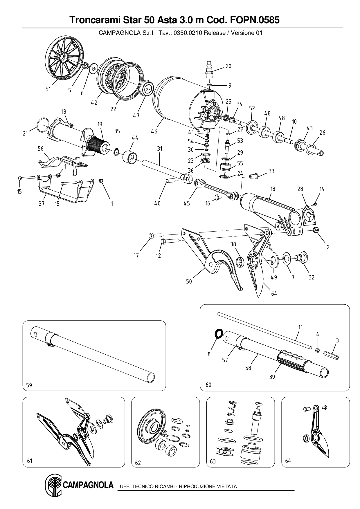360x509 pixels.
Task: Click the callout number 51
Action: [x=48, y=89]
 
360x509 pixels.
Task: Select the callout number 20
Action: [x=228, y=66]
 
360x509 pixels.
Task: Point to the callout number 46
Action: [x=154, y=131]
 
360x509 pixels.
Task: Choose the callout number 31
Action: [x=160, y=149]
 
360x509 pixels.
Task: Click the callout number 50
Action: [x=189, y=281]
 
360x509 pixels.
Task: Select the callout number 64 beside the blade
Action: [x=274, y=293]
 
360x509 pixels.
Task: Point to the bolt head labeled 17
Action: [x=150, y=236]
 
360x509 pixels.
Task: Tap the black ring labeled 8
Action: [x=218, y=333]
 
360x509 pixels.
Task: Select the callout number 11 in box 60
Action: [x=300, y=327]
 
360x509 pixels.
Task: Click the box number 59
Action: [x=29, y=385]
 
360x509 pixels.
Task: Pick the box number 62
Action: [x=138, y=463]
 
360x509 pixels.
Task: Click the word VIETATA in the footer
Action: [x=227, y=486]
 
